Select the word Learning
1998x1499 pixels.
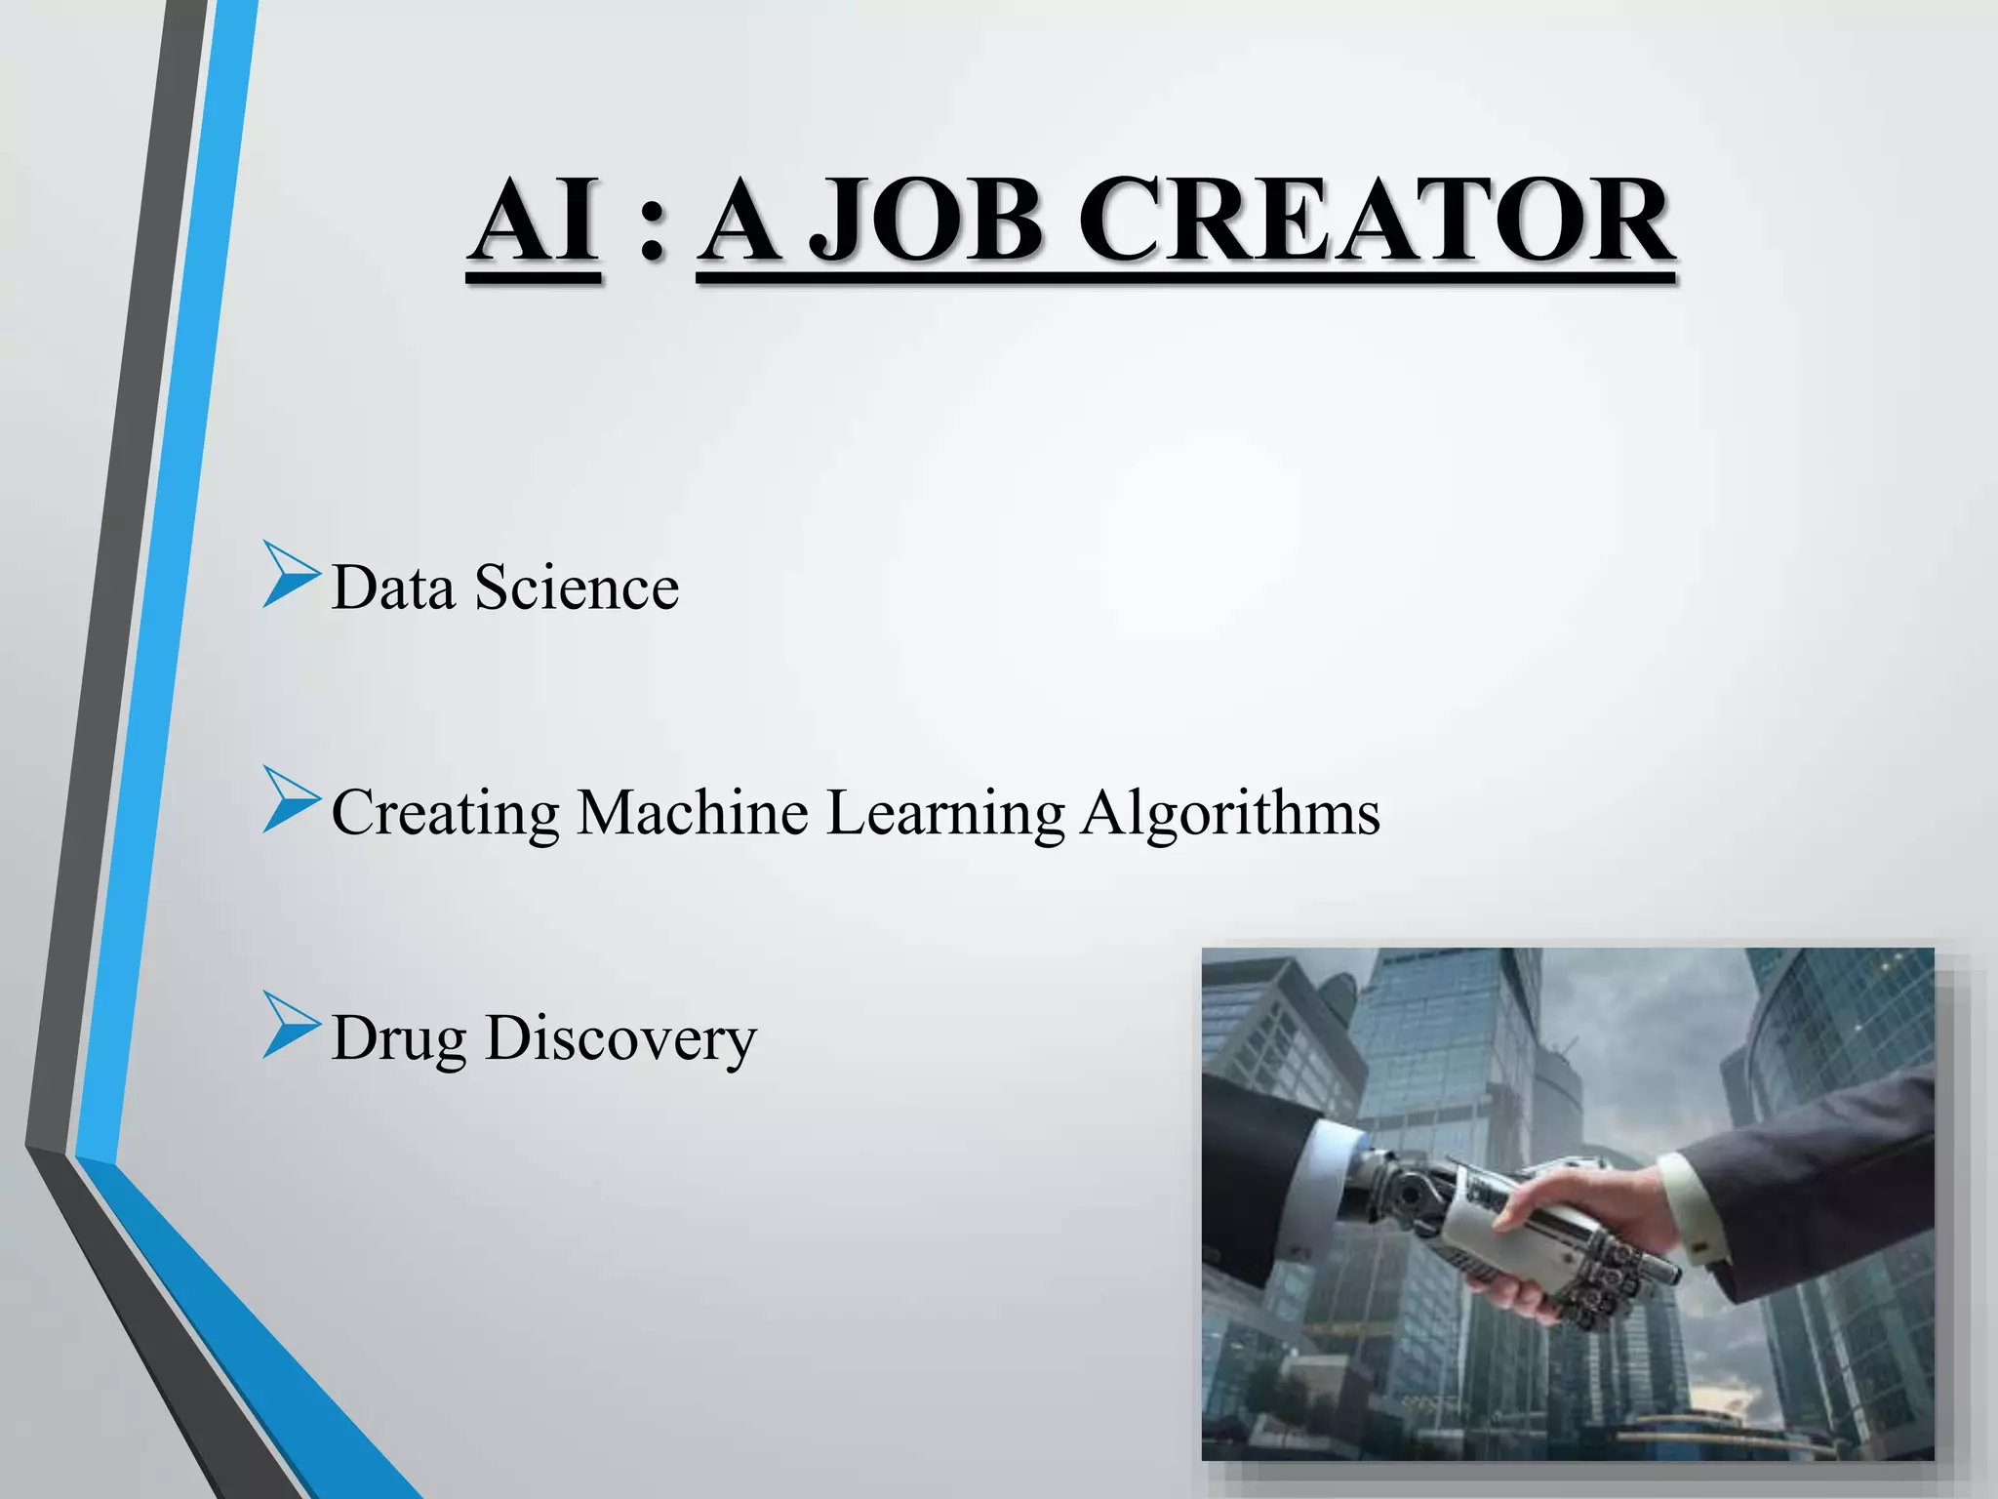point(944,814)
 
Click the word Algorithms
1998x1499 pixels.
point(1230,814)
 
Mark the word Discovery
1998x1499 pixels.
point(620,1038)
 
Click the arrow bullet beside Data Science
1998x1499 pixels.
point(290,579)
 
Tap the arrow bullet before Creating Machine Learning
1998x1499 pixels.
point(290,801)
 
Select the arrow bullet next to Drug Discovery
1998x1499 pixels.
point(290,1026)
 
